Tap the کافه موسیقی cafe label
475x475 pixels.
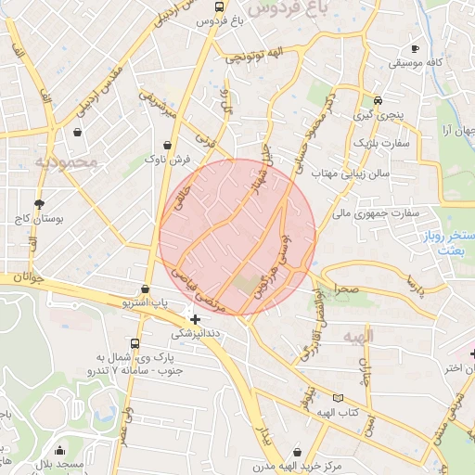pyautogui.click(x=414, y=63)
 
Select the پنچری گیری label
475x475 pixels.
pyautogui.click(x=378, y=116)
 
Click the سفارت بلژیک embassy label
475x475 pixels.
pyautogui.click(x=380, y=144)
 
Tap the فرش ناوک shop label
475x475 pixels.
pyautogui.click(x=167, y=160)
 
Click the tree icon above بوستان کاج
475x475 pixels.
pyautogui.click(x=38, y=203)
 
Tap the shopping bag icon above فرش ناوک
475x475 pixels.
pyautogui.click(x=167, y=145)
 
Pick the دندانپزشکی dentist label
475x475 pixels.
pyautogui.click(x=195, y=332)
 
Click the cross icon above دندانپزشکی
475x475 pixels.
pyautogui.click(x=195, y=318)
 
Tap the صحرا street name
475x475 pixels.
pyautogui.click(x=348, y=289)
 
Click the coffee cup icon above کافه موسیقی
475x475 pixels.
pyautogui.click(x=414, y=48)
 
